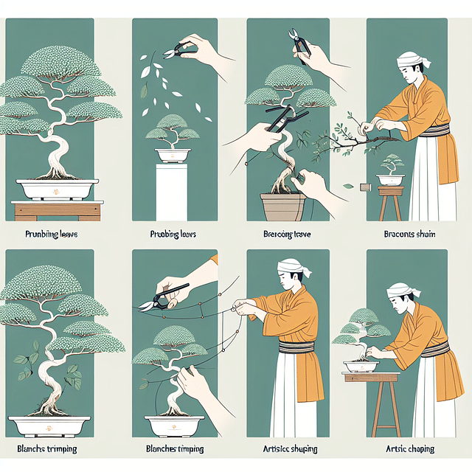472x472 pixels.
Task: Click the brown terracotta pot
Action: (282, 206)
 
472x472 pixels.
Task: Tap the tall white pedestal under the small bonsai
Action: (172, 191)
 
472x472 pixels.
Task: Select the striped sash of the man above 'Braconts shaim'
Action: (417, 131)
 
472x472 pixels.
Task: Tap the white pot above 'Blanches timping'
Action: (174, 426)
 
